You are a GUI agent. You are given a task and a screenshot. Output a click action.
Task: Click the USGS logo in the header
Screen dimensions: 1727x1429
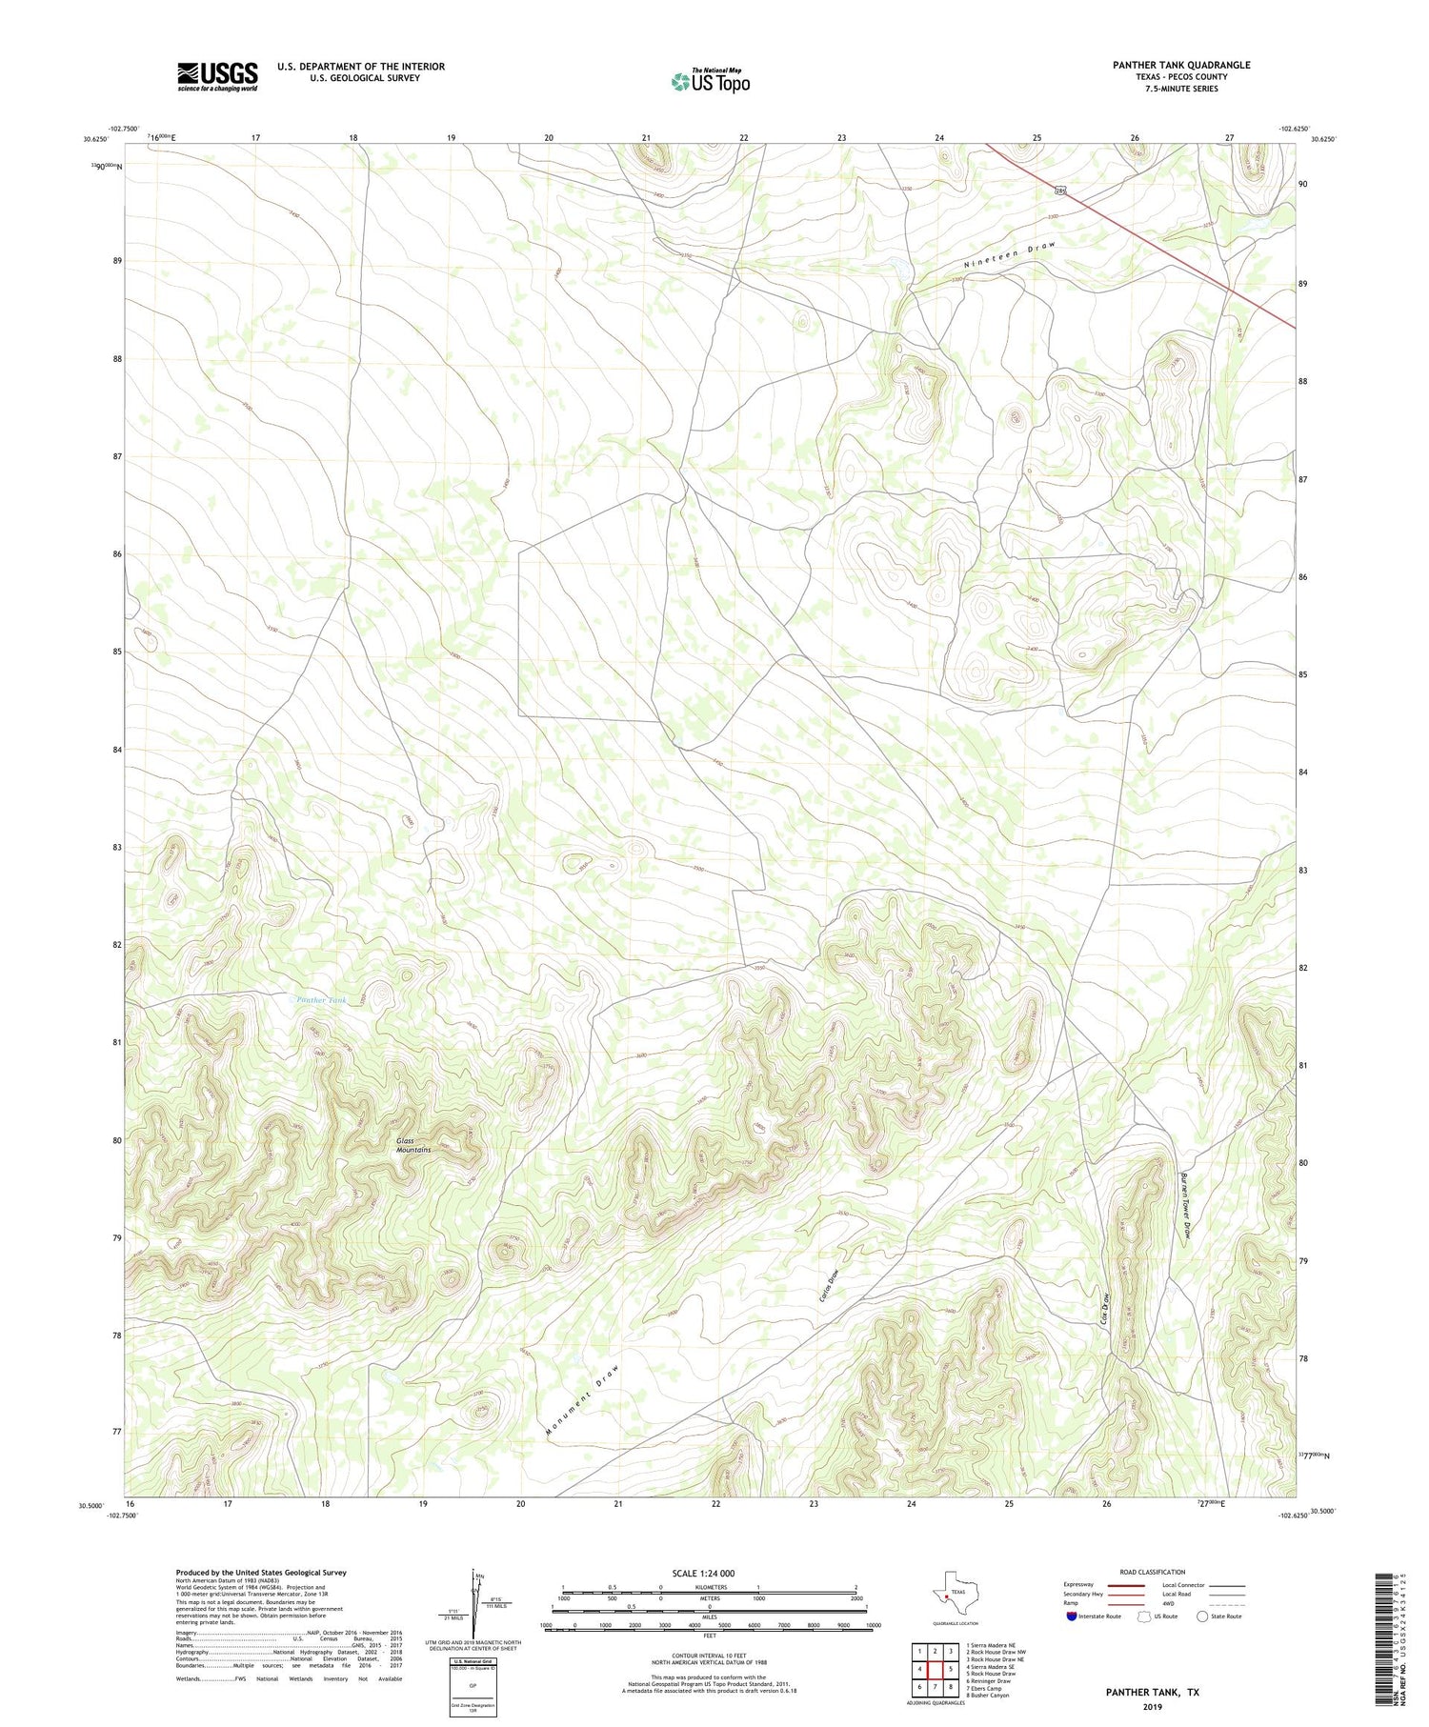(217, 76)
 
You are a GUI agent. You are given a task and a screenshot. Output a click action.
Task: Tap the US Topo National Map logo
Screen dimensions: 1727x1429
(710, 81)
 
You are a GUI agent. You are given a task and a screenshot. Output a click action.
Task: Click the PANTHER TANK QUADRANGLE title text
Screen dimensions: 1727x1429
(1180, 65)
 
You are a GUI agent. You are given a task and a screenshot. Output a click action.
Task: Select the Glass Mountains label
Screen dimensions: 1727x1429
(413, 1145)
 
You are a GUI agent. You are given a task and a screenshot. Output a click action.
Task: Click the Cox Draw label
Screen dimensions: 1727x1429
(1106, 1311)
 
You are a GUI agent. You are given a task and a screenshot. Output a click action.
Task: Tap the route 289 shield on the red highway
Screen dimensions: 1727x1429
(1059, 191)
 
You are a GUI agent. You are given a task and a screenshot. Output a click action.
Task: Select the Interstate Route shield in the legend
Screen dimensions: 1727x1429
(1072, 1617)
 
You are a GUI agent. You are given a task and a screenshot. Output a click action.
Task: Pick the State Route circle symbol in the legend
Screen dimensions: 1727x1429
(1202, 1617)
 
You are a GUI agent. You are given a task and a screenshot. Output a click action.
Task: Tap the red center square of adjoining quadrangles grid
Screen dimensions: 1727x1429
(936, 1669)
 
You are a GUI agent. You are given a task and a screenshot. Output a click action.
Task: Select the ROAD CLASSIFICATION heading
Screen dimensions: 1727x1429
(1152, 1572)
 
